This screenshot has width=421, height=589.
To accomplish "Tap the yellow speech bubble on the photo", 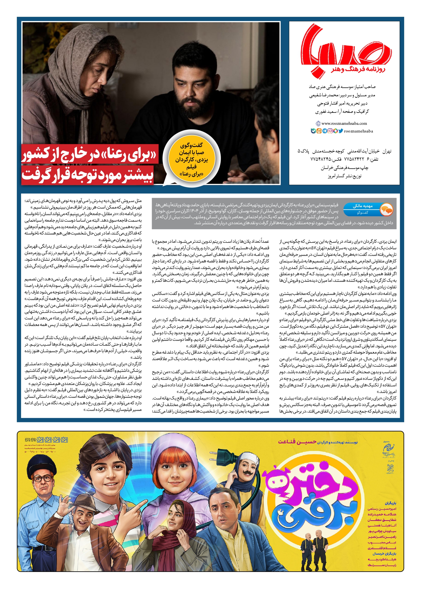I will [x=192, y=160].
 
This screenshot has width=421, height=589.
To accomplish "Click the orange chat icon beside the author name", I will [x=387, y=210].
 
